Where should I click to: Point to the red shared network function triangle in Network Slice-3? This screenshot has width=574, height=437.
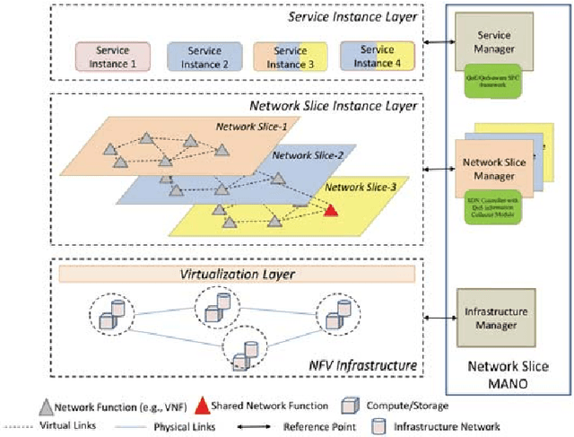(x=330, y=212)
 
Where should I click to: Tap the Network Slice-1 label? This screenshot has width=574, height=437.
(x=251, y=127)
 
